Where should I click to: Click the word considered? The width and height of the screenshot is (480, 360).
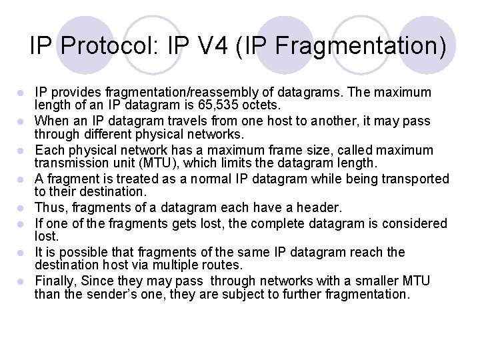click(407, 223)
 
